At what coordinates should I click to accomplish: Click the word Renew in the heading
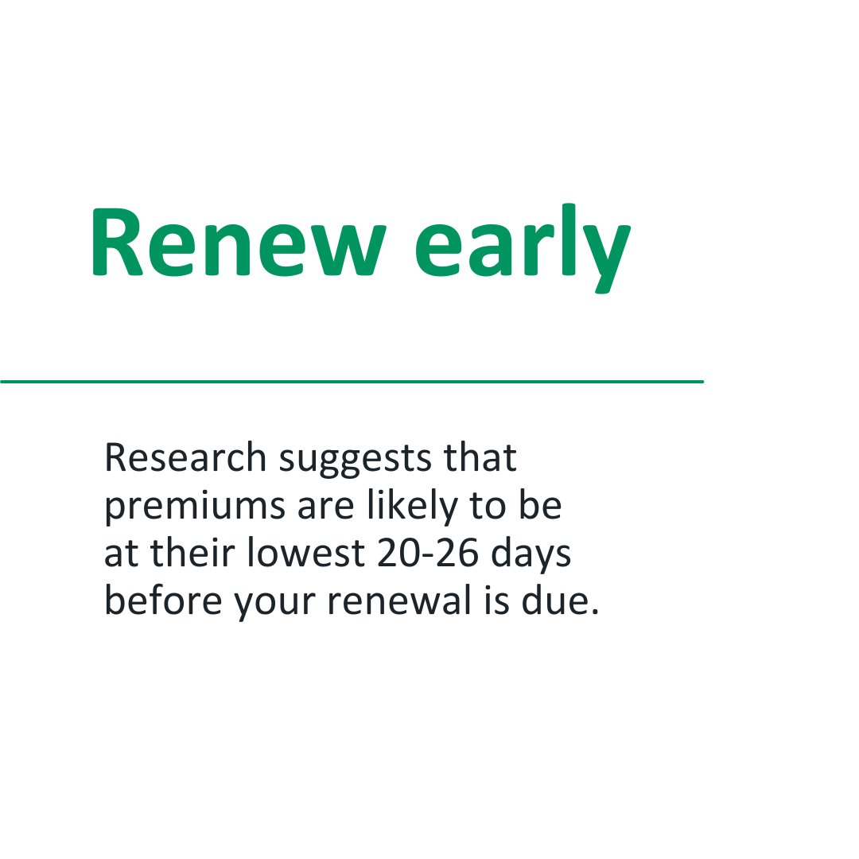(x=238, y=242)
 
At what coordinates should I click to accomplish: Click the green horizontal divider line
(x=352, y=381)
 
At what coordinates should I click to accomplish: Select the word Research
(x=185, y=457)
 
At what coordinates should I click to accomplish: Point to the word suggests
(x=356, y=461)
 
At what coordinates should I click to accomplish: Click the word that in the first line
(x=480, y=457)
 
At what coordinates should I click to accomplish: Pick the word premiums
(x=195, y=507)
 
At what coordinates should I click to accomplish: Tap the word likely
(x=412, y=507)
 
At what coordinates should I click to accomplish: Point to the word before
(x=163, y=600)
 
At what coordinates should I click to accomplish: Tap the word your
(x=274, y=604)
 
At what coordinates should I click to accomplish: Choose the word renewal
(x=399, y=600)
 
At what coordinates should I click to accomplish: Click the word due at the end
(x=555, y=600)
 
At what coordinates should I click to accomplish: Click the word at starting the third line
(x=121, y=554)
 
